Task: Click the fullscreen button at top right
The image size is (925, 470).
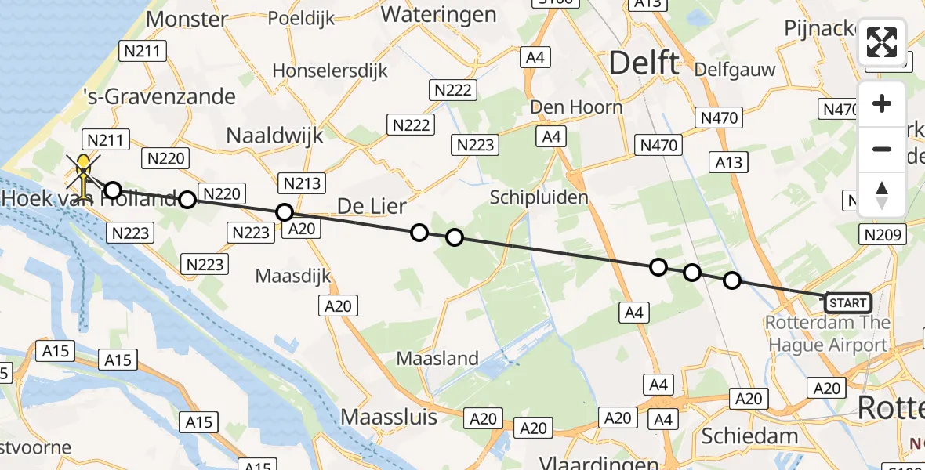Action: [882, 42]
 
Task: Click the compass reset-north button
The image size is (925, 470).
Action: [882, 195]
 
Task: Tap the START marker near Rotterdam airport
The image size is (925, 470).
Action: [847, 302]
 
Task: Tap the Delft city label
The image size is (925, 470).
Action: [644, 63]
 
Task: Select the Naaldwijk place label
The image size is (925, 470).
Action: [274, 135]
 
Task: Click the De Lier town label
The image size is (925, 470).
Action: [372, 206]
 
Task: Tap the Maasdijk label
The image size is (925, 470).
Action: [293, 276]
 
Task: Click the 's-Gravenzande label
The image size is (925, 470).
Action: [160, 96]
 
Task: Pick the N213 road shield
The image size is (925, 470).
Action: [301, 183]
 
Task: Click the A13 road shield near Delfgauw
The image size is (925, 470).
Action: [727, 161]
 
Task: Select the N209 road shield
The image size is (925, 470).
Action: [886, 234]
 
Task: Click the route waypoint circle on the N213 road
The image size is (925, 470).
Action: [285, 212]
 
